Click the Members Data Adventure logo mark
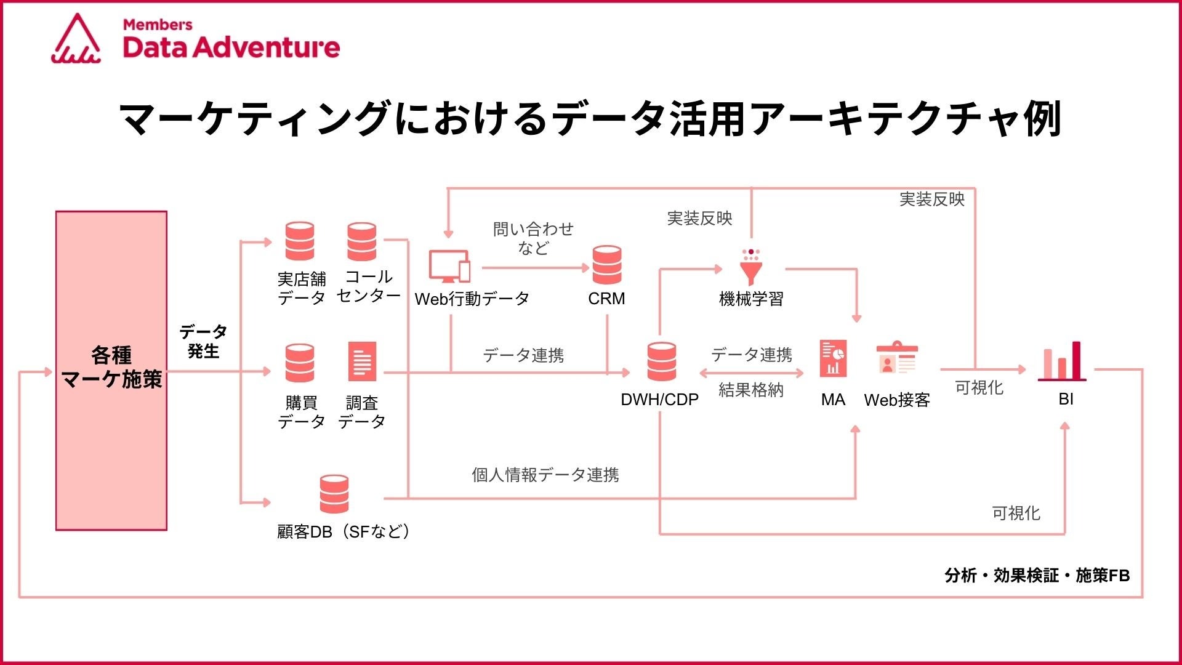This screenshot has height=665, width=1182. [x=76, y=39]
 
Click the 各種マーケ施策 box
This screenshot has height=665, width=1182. [x=111, y=370]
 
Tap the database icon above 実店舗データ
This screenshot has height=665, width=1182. [x=300, y=241]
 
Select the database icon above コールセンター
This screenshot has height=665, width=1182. [x=361, y=241]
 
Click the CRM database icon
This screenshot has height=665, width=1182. [x=606, y=265]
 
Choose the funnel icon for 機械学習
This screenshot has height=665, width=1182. [x=750, y=267]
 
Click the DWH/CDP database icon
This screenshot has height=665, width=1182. [x=661, y=361]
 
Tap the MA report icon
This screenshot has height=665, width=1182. [x=833, y=358]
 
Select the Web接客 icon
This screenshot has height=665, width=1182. [x=897, y=358]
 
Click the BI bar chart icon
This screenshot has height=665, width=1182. [x=1062, y=361]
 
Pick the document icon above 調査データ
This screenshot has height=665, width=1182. [x=362, y=361]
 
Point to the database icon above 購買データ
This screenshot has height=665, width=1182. [x=300, y=363]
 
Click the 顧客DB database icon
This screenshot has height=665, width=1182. [x=334, y=494]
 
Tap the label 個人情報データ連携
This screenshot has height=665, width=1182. [x=545, y=475]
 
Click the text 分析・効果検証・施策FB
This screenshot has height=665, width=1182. [x=1037, y=576]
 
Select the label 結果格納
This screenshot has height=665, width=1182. [x=750, y=390]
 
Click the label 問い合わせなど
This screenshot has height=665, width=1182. [x=533, y=238]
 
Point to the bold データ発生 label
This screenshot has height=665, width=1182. [x=203, y=341]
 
